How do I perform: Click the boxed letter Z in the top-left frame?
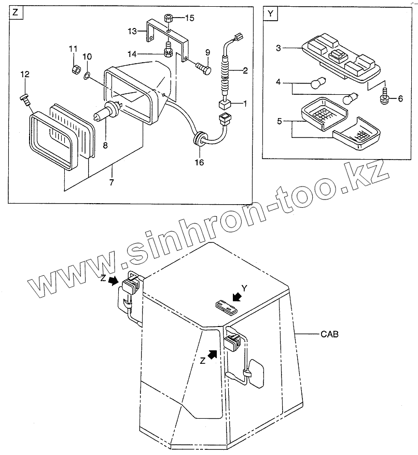click(15, 14)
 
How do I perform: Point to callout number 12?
click(24, 75)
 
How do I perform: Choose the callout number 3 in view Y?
click(278, 48)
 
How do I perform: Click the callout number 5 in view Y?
click(279, 122)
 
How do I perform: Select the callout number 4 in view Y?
click(278, 82)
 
